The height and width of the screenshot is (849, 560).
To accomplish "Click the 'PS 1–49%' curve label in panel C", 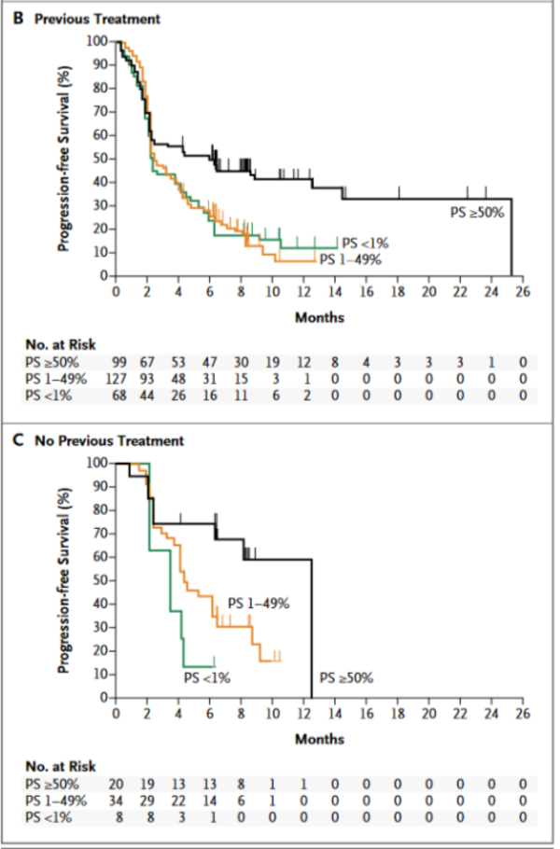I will tap(259, 604).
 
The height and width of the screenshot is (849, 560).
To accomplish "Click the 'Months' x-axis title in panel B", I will tap(319, 317).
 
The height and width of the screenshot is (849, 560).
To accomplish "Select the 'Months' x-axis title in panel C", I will tap(319, 739).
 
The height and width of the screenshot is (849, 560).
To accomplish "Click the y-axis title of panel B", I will tap(65, 159).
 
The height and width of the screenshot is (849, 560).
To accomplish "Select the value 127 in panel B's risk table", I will tap(118, 377).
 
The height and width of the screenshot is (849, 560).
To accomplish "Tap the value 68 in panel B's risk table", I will tap(118, 395).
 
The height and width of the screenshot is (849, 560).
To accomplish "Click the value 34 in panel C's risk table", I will tap(118, 800).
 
